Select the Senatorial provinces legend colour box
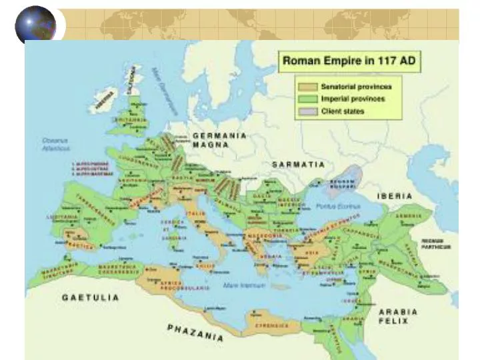pyautogui.click(x=308, y=87)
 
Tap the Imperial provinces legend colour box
pyautogui.click(x=308, y=99)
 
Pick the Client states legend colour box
pyautogui.click(x=308, y=111)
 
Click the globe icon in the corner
pyautogui.click(x=35, y=24)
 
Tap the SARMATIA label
pyautogui.click(x=298, y=164)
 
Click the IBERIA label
pyautogui.click(x=395, y=196)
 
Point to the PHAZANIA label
pyautogui.click(x=195, y=331)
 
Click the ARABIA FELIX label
pyautogui.click(x=398, y=315)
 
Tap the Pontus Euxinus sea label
pyautogui.click(x=338, y=207)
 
